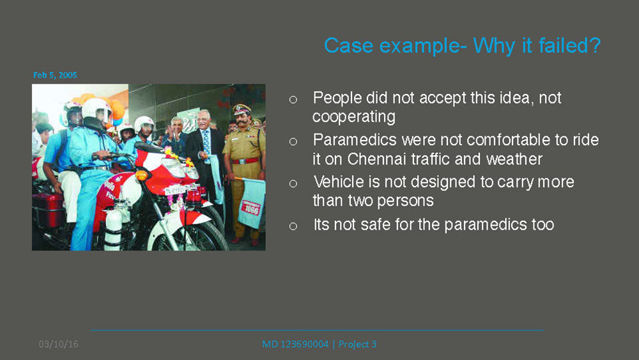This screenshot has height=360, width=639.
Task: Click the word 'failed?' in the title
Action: pyautogui.click(x=570, y=45)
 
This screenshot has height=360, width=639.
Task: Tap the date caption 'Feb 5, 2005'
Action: pyautogui.click(x=55, y=75)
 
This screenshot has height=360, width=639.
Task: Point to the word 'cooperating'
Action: pyautogui.click(x=354, y=117)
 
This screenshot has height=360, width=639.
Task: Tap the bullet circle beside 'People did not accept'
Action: pyautogui.click(x=293, y=99)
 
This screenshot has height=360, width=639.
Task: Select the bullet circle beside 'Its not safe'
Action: pyautogui.click(x=293, y=226)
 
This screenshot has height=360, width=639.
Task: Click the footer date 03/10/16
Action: pyautogui.click(x=59, y=344)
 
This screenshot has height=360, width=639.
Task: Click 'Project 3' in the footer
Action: pyautogui.click(x=357, y=344)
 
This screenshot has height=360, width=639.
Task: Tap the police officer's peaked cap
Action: pyautogui.click(x=242, y=109)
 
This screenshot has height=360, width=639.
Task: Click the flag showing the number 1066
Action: pyautogui.click(x=250, y=203)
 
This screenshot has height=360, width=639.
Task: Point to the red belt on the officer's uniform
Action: pyautogui.click(x=245, y=160)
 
